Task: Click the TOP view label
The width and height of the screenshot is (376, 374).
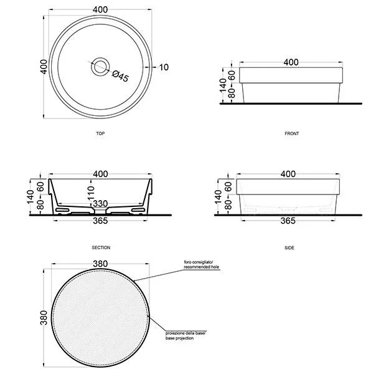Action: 100,133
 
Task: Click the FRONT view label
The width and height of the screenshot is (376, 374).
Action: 292,133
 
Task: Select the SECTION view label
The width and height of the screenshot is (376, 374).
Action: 101,247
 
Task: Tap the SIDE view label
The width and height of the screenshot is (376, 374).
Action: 289,247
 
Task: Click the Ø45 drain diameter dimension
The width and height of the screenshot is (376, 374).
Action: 120,76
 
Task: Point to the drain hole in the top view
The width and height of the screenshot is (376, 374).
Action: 100,67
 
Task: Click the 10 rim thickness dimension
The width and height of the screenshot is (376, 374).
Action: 164,67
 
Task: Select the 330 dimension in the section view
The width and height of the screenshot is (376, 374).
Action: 100,204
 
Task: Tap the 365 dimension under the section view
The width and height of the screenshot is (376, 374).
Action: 100,221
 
